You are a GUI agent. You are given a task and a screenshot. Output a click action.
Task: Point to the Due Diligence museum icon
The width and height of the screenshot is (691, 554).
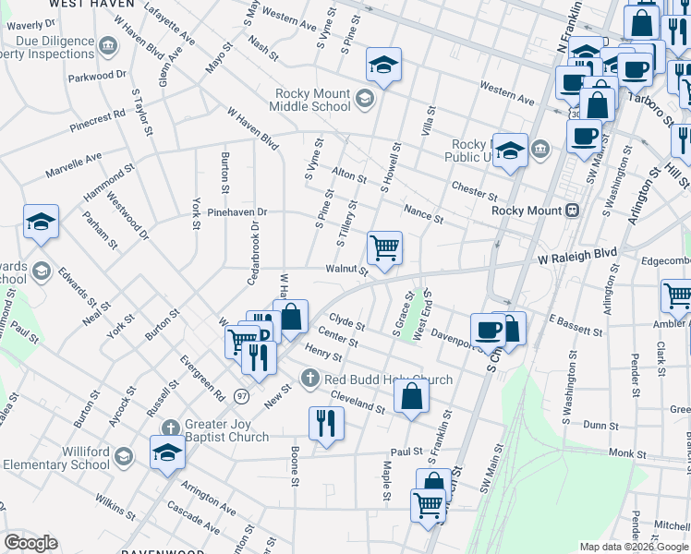tap(108, 43)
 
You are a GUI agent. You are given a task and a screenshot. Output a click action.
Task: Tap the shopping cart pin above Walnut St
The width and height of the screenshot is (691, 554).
tap(383, 247)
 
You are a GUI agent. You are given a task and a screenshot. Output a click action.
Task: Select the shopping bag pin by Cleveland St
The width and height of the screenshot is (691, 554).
tap(412, 396)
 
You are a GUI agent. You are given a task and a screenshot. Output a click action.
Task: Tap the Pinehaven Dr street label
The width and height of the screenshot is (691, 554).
tap(236, 211)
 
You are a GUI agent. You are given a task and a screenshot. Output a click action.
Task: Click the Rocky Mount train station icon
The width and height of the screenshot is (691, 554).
tap(573, 210)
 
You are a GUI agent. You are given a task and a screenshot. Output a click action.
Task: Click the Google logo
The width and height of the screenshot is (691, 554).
tap(30, 543)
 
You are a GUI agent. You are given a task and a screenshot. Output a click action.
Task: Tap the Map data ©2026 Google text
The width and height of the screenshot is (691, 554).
tap(634, 547)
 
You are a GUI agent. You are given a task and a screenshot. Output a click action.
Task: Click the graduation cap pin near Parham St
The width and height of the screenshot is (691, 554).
tap(41, 222)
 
